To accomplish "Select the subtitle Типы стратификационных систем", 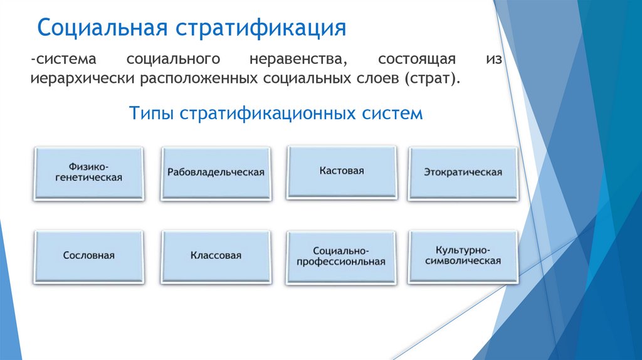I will [276, 114].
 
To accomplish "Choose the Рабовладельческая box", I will [216, 172].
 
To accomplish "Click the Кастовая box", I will [341, 171].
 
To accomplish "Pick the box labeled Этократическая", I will [463, 172].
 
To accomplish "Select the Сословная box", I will [88, 256].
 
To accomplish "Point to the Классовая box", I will [216, 256].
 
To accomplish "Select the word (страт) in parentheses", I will [433, 80].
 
